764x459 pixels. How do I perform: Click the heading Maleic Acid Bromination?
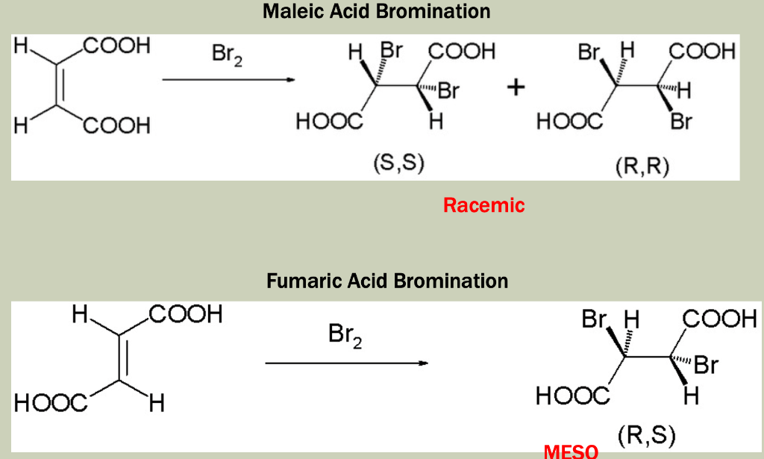[x=376, y=12]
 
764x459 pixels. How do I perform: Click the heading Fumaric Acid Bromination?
[x=387, y=281]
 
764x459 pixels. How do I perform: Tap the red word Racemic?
[x=483, y=205]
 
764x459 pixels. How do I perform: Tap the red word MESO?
[x=571, y=452]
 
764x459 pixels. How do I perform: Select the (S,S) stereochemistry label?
[x=398, y=164]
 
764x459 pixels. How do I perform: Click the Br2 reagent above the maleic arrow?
[x=227, y=56]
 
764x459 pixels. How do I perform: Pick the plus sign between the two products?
[x=515, y=88]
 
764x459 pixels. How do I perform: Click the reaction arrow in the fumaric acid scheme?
[x=346, y=363]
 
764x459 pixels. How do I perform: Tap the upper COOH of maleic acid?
[x=116, y=47]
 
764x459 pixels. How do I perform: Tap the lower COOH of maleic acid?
[x=116, y=126]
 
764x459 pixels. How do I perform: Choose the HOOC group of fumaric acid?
[x=50, y=404]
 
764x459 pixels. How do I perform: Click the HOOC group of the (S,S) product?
[x=328, y=122]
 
